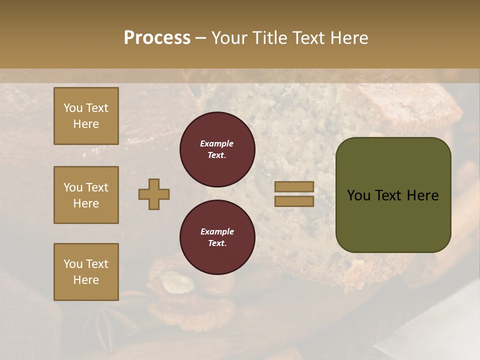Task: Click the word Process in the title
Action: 157,38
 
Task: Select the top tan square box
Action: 86,116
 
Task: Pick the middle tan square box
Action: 86,195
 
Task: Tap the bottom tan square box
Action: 86,272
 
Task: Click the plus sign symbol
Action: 154,194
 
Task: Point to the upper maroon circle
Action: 217,149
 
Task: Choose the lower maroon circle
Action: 217,237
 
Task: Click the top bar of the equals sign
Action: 294,186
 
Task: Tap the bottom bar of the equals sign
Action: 294,201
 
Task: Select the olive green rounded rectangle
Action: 393,195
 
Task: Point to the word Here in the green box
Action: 422,195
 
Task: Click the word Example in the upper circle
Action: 217,143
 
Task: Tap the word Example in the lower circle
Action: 217,231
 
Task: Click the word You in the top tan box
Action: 73,108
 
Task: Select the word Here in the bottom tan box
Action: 86,280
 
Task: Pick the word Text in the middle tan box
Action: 96,187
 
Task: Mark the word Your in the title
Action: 230,38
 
